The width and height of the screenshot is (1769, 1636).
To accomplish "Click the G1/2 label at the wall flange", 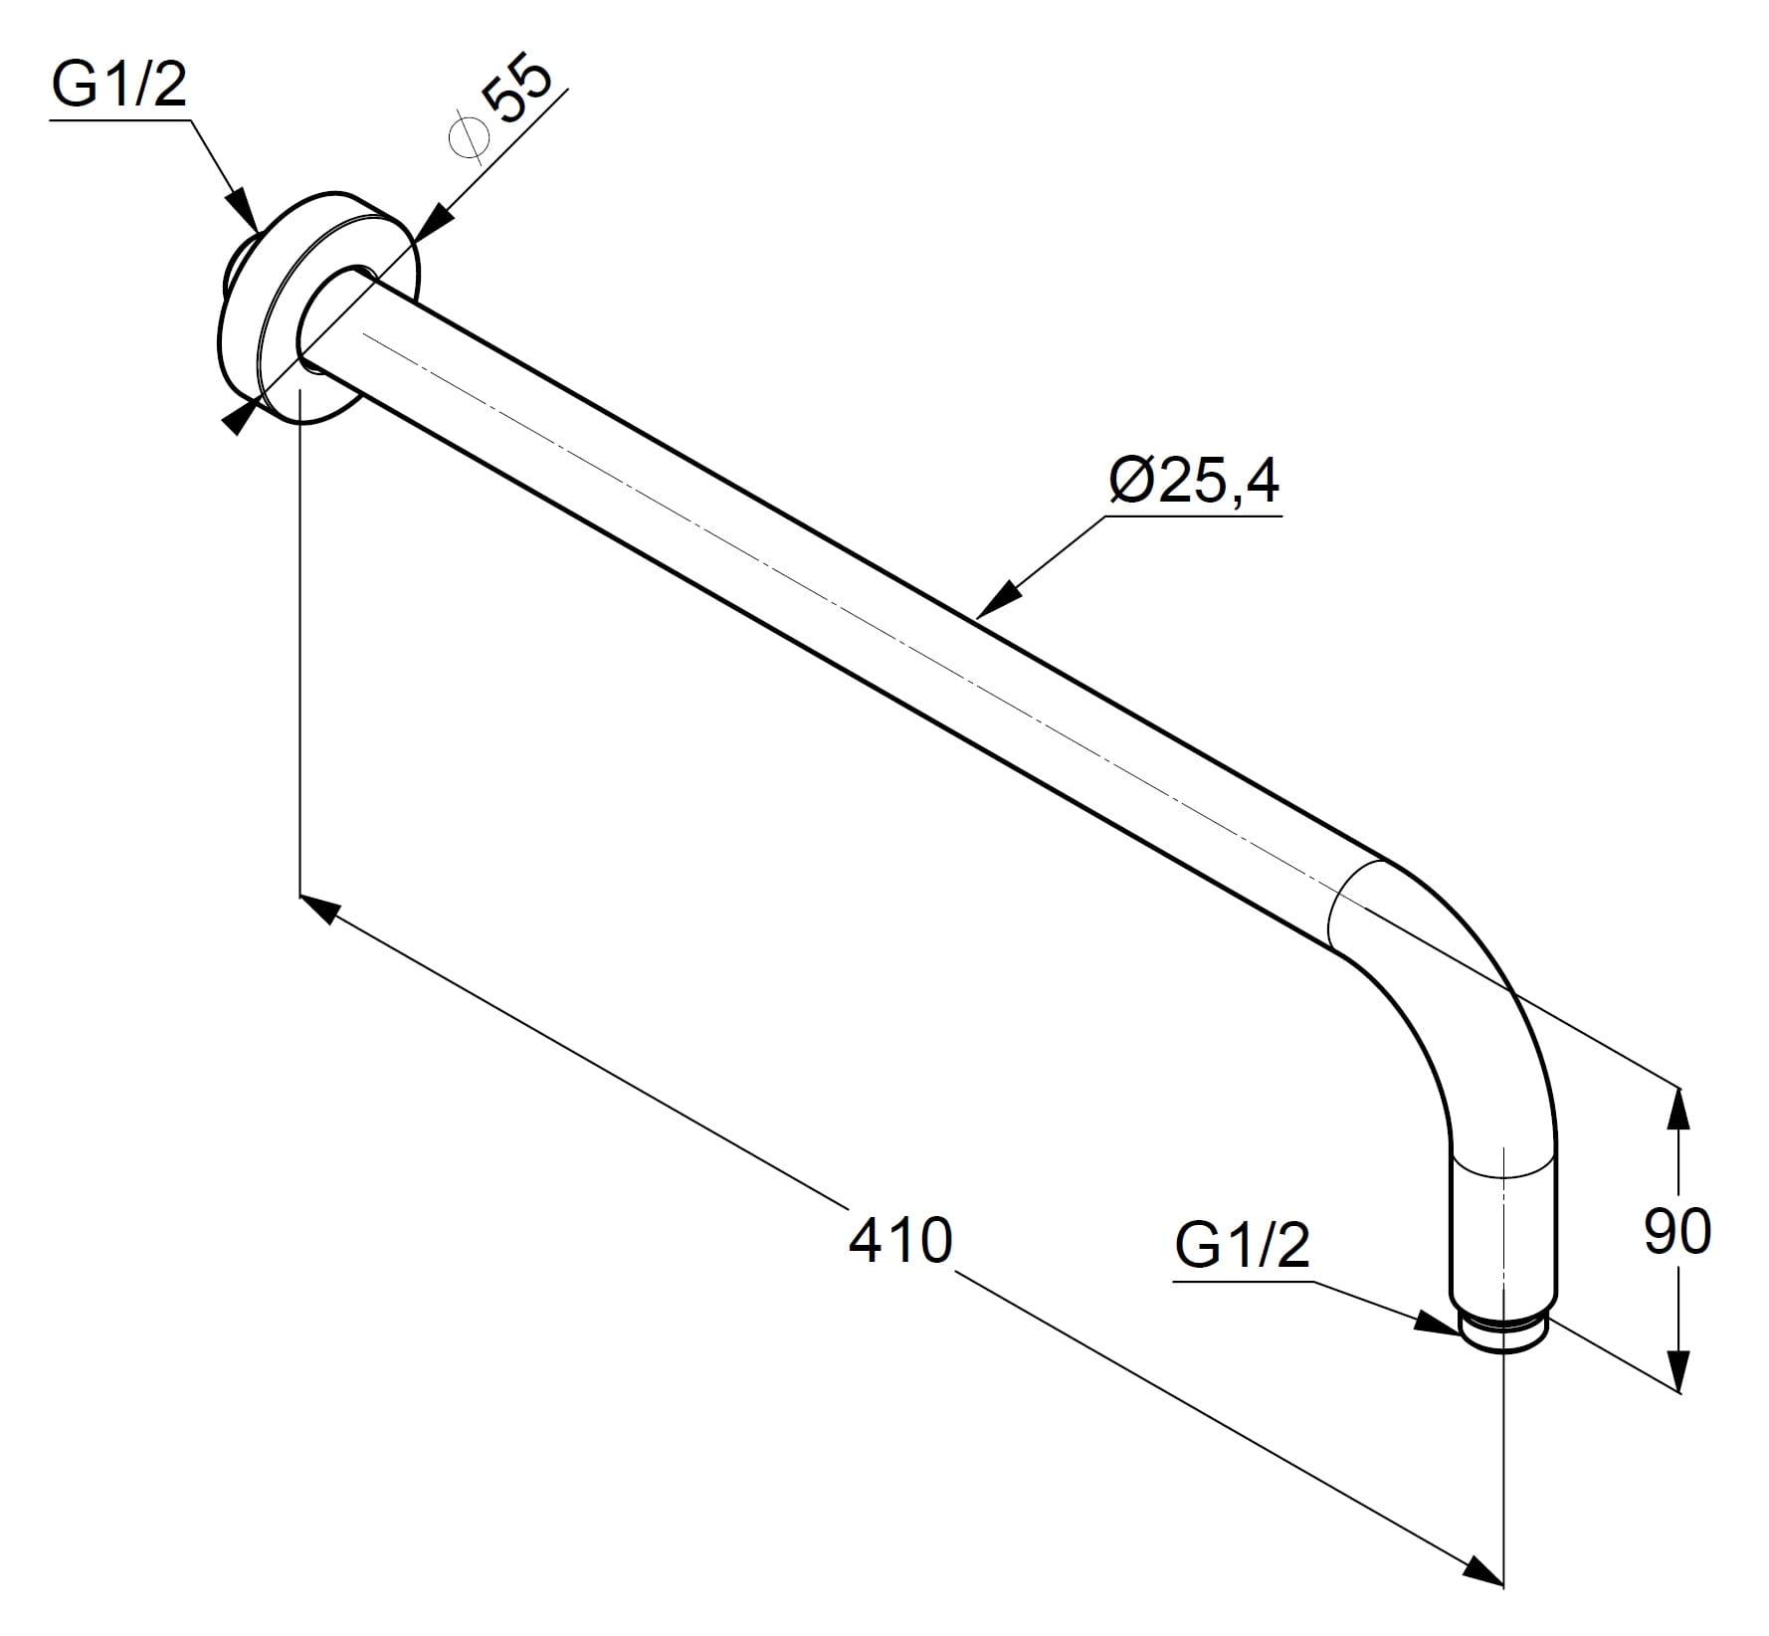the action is [118, 86].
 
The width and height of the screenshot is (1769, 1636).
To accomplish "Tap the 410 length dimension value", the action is [900, 1240].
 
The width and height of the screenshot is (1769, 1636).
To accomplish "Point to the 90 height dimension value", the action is [1677, 1231].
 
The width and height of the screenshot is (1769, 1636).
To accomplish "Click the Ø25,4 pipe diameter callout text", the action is [1194, 482].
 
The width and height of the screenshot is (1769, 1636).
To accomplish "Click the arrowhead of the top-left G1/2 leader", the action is [243, 210].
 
